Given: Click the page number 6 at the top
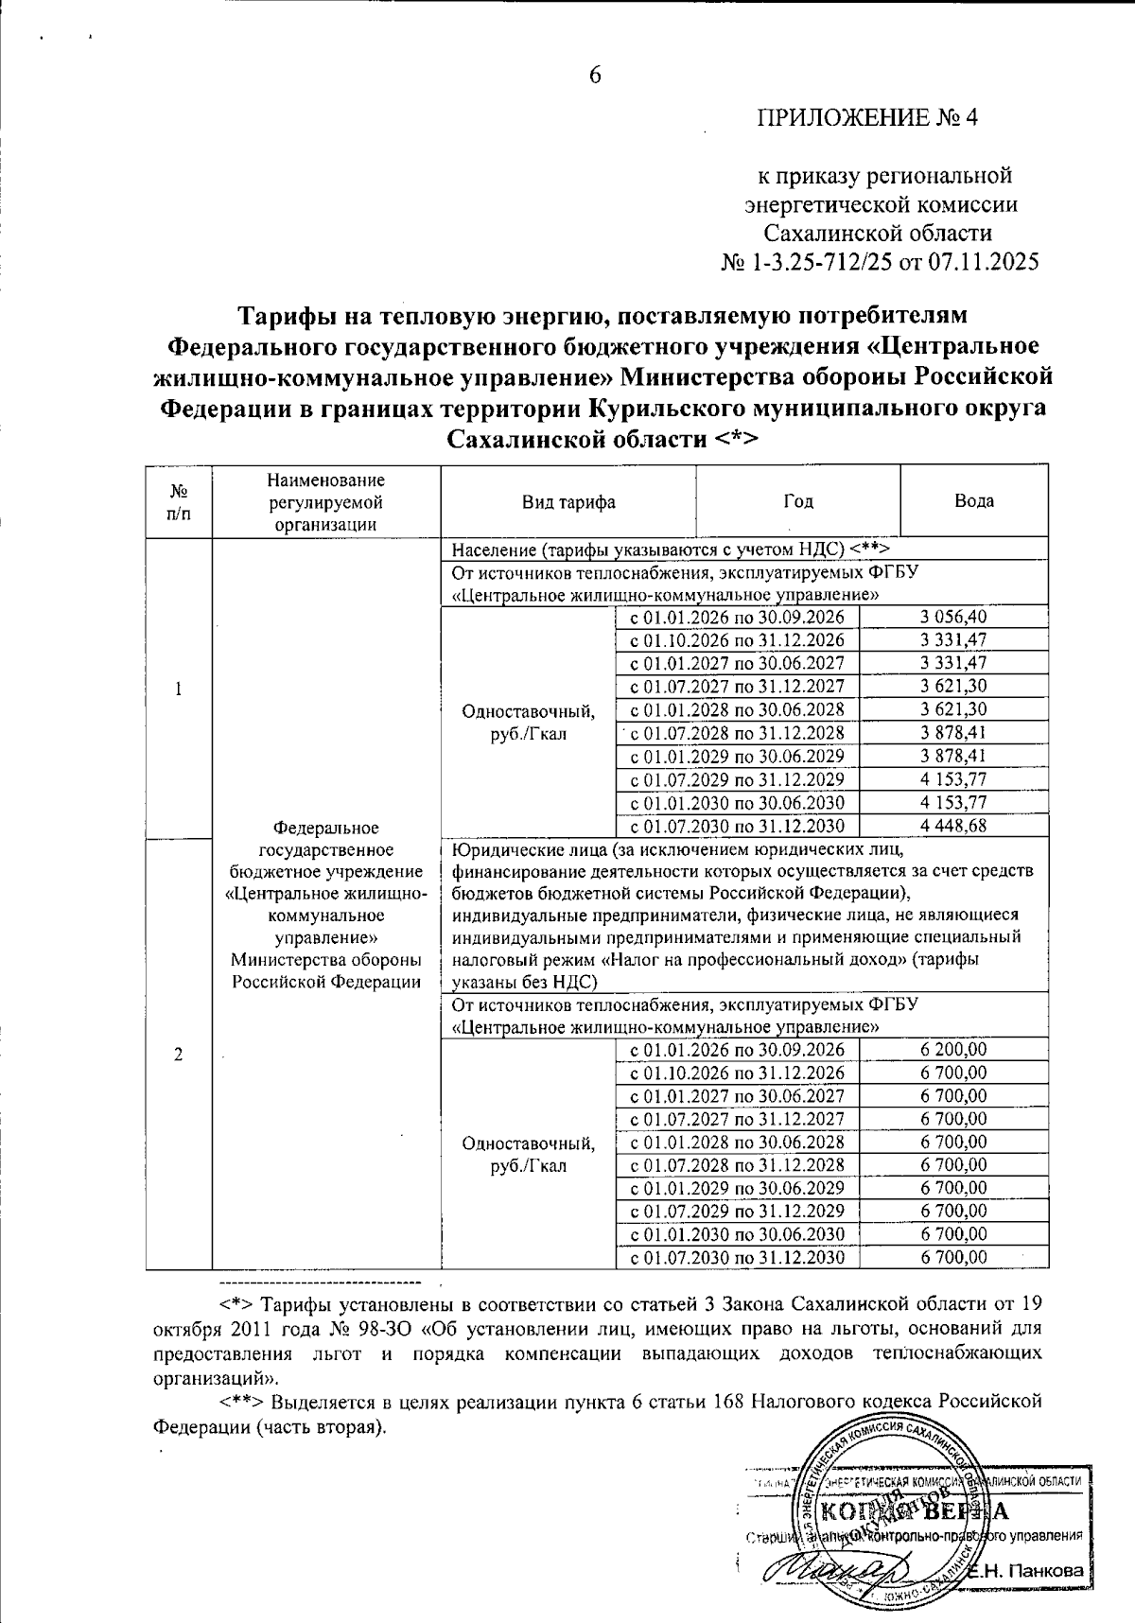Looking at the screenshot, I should tap(595, 76).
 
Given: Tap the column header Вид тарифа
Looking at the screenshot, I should tap(568, 502).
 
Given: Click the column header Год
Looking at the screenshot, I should tap(797, 502).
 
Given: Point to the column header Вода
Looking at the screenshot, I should tap(973, 502).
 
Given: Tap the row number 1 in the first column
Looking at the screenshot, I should tap(178, 688).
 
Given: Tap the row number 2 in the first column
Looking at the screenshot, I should tap(178, 1056).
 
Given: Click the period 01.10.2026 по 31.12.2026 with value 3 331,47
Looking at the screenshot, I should tap(737, 640).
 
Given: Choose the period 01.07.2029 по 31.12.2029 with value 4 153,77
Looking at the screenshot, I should tap(737, 779).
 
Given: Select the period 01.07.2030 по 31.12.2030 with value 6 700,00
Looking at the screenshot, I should tap(737, 1257).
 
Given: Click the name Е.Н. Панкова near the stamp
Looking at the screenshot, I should tap(1031, 1570).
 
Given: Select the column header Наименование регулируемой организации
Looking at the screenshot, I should tap(325, 502).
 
